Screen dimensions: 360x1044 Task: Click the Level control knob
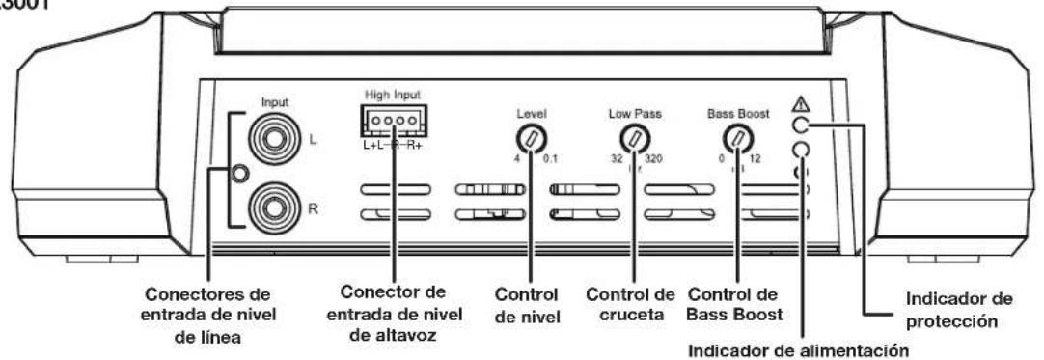(530, 136)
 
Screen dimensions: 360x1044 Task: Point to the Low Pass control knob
(633, 136)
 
